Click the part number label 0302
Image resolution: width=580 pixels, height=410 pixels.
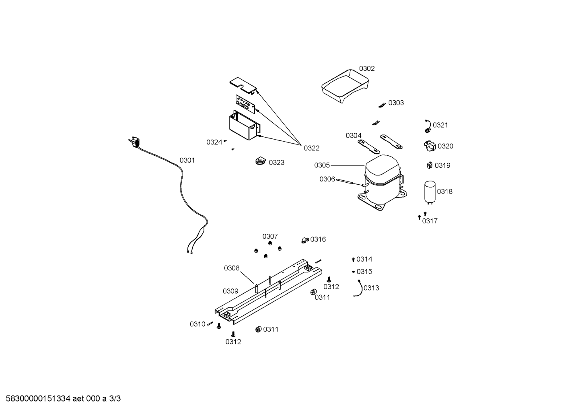click(367, 69)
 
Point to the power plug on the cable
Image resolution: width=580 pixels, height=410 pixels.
click(134, 142)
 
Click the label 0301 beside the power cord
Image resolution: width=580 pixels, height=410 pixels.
click(187, 160)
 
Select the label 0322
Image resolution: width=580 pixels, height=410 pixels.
click(311, 148)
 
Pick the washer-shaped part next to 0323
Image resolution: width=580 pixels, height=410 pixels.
click(261, 161)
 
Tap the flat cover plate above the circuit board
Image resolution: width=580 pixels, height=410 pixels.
click(243, 85)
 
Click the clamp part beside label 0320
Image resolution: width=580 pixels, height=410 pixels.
click(430, 146)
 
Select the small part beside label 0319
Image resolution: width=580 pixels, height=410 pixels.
click(430, 165)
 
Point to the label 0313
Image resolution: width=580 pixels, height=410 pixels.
click(371, 288)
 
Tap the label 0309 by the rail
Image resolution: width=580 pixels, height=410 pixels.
click(230, 291)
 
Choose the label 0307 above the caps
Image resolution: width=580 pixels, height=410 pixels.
click(270, 236)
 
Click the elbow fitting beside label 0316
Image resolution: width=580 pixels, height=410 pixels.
click(305, 240)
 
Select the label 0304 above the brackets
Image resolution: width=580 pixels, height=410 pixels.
click(354, 136)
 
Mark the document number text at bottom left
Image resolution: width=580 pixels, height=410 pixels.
click(63, 399)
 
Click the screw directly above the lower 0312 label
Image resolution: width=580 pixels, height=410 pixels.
click(233, 334)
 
